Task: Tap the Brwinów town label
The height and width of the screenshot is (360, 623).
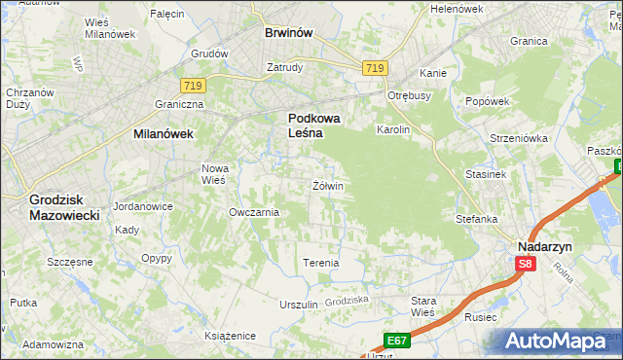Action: click(289, 32)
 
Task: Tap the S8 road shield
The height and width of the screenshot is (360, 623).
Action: click(525, 264)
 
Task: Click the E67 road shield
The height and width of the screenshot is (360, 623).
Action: click(395, 340)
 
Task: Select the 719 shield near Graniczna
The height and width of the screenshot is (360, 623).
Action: click(192, 86)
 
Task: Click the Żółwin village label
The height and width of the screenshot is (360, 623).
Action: click(328, 185)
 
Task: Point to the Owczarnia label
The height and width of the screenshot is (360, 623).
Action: click(254, 212)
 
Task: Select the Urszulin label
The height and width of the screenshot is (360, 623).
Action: click(299, 305)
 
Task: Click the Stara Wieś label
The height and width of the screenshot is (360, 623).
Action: click(422, 306)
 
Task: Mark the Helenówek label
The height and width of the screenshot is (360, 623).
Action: click(457, 9)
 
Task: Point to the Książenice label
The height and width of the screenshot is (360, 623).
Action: click(230, 335)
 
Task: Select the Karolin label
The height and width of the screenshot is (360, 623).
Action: click(394, 129)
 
